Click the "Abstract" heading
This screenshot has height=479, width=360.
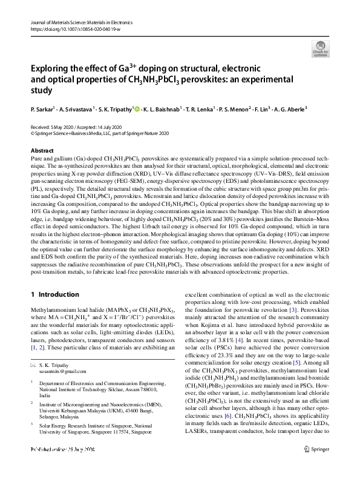[x=42, y=151]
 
